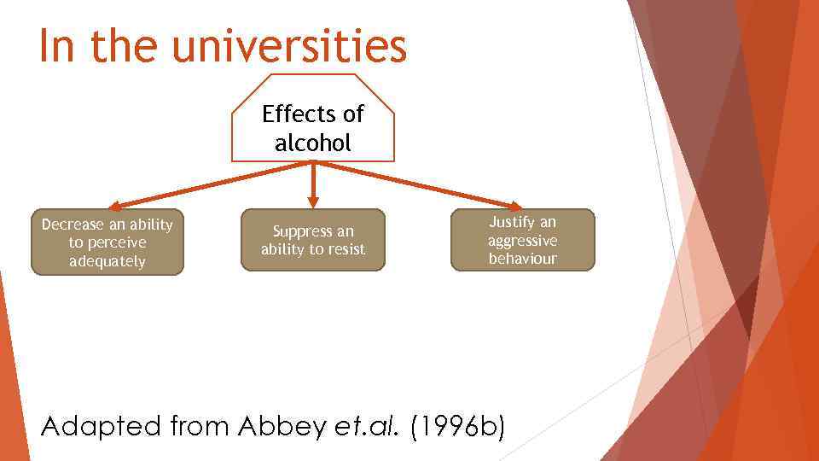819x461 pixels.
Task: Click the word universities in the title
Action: click(x=289, y=48)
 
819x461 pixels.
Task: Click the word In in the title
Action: click(x=57, y=48)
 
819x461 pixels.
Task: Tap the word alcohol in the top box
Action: click(x=313, y=143)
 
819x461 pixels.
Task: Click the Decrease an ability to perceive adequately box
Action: click(x=107, y=242)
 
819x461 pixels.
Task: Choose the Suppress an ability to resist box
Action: click(x=313, y=240)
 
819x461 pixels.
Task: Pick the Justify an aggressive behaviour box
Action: click(x=522, y=240)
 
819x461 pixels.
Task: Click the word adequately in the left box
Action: click(x=107, y=261)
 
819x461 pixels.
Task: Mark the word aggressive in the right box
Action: click(x=522, y=240)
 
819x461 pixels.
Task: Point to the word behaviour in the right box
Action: click(x=522, y=259)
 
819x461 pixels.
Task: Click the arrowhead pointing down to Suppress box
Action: click(x=313, y=202)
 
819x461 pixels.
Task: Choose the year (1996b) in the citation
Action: click(x=457, y=424)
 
